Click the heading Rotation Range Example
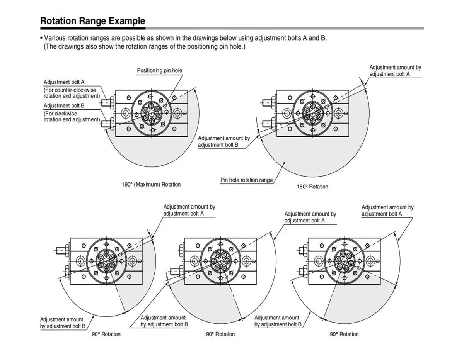(93, 21)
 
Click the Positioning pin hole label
(160, 70)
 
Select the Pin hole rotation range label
(247, 180)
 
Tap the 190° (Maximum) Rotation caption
(151, 184)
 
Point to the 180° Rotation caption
(312, 187)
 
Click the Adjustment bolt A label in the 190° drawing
(64, 82)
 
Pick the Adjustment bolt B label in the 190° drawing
(64, 105)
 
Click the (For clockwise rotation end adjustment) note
(72, 116)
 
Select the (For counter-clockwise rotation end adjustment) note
(72, 93)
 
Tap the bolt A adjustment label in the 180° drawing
(395, 71)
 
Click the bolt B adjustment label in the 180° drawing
(224, 141)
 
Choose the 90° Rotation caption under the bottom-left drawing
(106, 334)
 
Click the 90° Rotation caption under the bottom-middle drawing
(220, 334)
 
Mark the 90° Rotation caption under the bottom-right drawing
(344, 334)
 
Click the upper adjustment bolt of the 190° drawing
(108, 103)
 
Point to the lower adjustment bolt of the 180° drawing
(269, 124)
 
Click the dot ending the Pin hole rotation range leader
(284, 163)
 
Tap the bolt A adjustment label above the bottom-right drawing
(387, 211)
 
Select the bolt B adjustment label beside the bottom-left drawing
(63, 323)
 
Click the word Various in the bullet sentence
(55, 38)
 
